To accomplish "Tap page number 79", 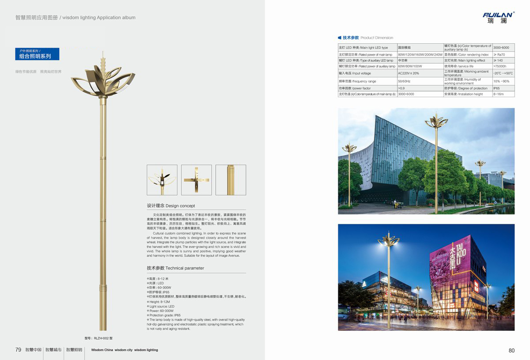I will pyautogui.click(x=18, y=350).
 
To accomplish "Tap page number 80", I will pyautogui.click(x=511, y=350).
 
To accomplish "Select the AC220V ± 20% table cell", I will pyautogui.click(x=409, y=73).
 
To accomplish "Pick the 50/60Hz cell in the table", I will pyautogui.click(x=404, y=81).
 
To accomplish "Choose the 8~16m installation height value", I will pyautogui.click(x=498, y=94).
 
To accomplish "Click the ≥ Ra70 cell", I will pyautogui.click(x=499, y=55).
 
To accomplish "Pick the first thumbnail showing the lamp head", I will pyautogui.click(x=162, y=180).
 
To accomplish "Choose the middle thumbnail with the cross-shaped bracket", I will pyautogui.click(x=197, y=180).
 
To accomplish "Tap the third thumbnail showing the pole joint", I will pyautogui.click(x=231, y=180).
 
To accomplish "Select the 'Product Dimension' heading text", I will pyautogui.click(x=377, y=38).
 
